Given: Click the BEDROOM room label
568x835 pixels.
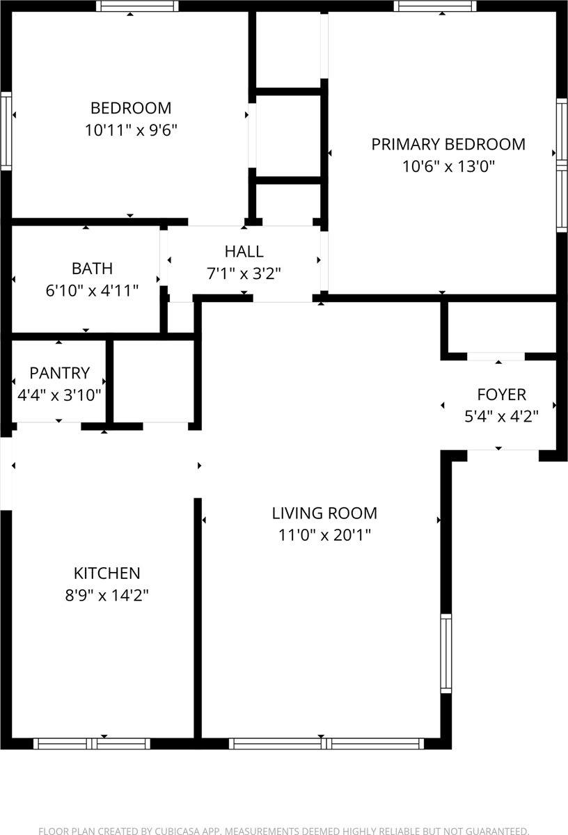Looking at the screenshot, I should (x=131, y=108).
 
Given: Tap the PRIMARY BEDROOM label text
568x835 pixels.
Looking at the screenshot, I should (x=448, y=144).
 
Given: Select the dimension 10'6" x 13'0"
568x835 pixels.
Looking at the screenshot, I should (x=448, y=166).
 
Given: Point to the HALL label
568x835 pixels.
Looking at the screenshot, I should (x=244, y=251).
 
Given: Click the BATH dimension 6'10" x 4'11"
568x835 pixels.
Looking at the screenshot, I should (x=92, y=291).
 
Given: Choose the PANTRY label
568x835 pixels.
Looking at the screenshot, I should (x=59, y=372).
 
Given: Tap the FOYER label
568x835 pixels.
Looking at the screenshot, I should (x=500, y=395).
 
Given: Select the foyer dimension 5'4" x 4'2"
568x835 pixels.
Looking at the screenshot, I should (x=500, y=417).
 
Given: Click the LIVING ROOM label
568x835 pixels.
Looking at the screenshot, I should (x=324, y=513).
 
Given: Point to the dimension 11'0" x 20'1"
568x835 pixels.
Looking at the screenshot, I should (x=324, y=535).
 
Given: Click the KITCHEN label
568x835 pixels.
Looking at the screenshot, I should (x=106, y=573).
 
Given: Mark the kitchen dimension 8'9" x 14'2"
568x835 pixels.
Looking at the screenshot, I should (x=106, y=595).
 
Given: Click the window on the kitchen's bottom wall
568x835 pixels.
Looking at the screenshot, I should (x=92, y=743).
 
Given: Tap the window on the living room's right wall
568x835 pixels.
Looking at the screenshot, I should (x=445, y=653).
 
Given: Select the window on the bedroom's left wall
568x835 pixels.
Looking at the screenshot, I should (x=6, y=131).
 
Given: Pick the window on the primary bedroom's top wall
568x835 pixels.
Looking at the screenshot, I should (x=434, y=6).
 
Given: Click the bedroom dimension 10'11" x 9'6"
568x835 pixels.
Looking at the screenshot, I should (x=131, y=130).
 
